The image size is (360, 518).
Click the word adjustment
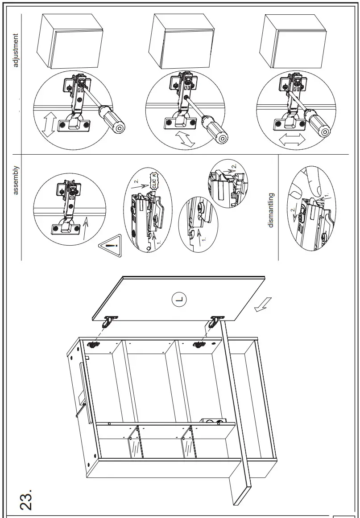[x=17, y=50]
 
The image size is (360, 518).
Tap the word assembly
[x=17, y=181]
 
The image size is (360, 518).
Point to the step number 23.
[x=25, y=498]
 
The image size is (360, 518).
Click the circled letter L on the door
[x=180, y=300]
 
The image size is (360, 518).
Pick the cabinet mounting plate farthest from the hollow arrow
[x=93, y=344]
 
